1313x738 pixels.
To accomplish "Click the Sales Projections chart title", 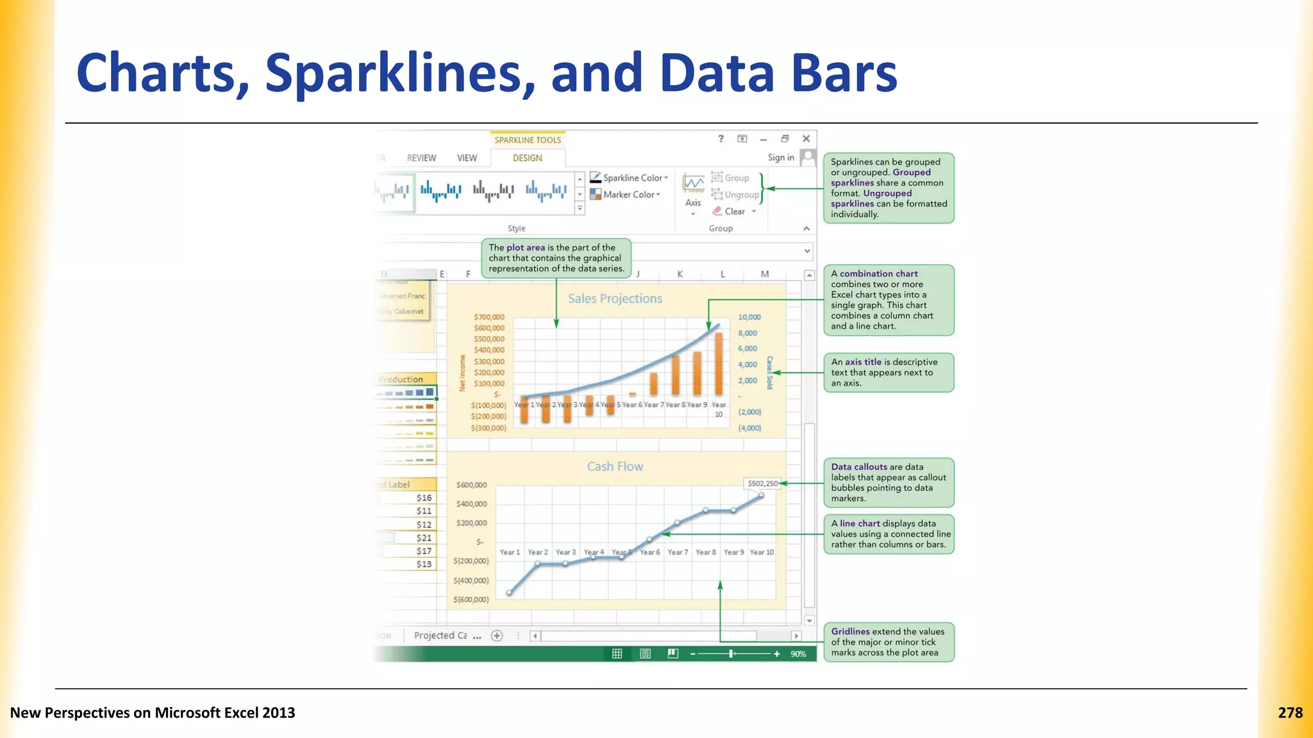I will point(615,299).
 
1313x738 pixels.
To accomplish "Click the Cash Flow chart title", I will point(615,466).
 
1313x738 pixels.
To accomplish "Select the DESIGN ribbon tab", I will point(527,158).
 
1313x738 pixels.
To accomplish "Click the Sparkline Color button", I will point(630,178).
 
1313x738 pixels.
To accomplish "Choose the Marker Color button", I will point(626,195).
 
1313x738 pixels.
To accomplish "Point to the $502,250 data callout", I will point(762,484).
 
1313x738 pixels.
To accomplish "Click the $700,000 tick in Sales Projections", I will point(489,317).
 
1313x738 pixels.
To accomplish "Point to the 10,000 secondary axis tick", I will point(749,317).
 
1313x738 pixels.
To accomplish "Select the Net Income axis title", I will point(462,373).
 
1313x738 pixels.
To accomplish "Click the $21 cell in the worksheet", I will point(424,537).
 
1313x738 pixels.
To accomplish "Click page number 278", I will point(1290,713).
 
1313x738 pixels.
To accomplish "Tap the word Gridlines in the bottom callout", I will point(850,632).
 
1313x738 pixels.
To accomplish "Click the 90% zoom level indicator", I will point(798,654).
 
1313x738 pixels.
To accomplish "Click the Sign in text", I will point(780,158).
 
